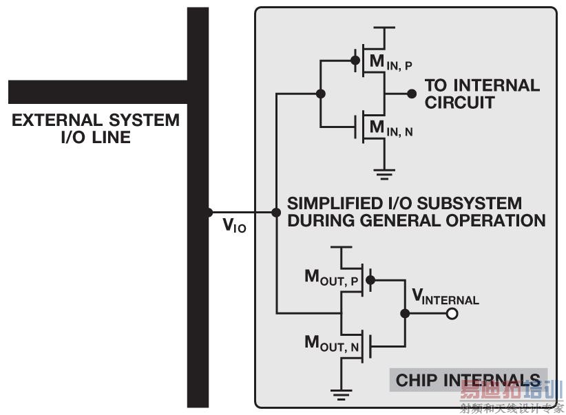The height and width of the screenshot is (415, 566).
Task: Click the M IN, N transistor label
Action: pyautogui.click(x=391, y=128)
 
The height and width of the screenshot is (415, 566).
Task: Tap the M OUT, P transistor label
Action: pyautogui.click(x=333, y=277)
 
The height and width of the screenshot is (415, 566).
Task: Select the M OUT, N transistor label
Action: pyautogui.click(x=333, y=343)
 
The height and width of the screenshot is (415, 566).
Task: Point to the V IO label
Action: pyautogui.click(x=234, y=226)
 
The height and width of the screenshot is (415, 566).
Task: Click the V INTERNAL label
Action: pyautogui.click(x=445, y=297)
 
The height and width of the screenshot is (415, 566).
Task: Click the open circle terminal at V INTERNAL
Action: pyautogui.click(x=452, y=314)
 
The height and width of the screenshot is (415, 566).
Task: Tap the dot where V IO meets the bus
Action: pyautogui.click(x=209, y=213)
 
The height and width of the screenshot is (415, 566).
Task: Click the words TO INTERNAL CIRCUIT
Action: pyautogui.click(x=481, y=94)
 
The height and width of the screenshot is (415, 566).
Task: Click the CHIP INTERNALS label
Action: pyautogui.click(x=468, y=380)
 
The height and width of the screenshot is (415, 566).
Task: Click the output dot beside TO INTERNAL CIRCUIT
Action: pyautogui.click(x=412, y=94)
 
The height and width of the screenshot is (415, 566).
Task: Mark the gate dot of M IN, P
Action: pyautogui.click(x=355, y=61)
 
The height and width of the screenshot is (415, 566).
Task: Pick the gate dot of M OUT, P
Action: pyautogui.click(x=370, y=280)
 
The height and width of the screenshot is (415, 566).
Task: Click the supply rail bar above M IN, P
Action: pyautogui.click(x=384, y=28)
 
